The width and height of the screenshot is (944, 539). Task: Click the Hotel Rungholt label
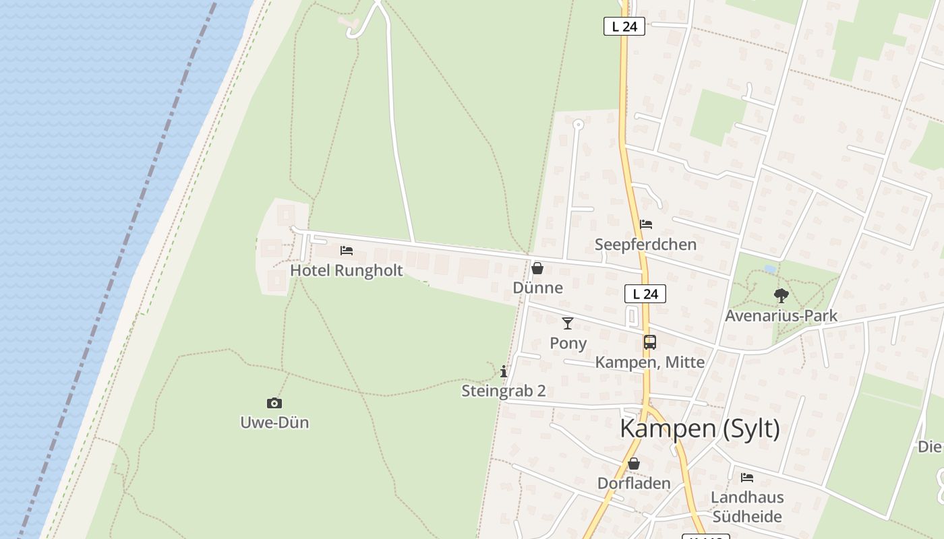pyautogui.click(x=346, y=270)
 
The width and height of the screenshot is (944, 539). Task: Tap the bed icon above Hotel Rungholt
pyautogui.click(x=347, y=251)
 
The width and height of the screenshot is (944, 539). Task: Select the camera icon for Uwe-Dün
pyautogui.click(x=274, y=403)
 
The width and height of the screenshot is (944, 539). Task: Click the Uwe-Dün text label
pyautogui.click(x=274, y=422)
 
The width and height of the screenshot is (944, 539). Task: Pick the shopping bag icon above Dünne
pyautogui.click(x=537, y=268)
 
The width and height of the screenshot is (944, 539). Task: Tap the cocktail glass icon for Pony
pyautogui.click(x=568, y=323)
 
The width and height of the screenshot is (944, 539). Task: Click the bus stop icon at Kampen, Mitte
pyautogui.click(x=649, y=342)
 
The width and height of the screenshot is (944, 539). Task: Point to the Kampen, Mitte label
pyautogui.click(x=649, y=362)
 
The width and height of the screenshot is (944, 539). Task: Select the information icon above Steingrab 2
pyautogui.click(x=504, y=371)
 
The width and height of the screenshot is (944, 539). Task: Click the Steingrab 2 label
pyautogui.click(x=504, y=391)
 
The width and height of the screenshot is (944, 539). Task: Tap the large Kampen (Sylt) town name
pyautogui.click(x=699, y=429)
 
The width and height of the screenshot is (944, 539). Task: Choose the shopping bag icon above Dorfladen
pyautogui.click(x=634, y=464)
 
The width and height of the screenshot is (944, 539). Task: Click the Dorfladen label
pyautogui.click(x=634, y=483)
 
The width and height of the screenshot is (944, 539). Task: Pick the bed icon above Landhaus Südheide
pyautogui.click(x=747, y=478)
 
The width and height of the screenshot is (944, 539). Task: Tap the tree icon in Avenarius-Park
pyautogui.click(x=781, y=295)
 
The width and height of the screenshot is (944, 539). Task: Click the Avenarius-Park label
pyautogui.click(x=781, y=315)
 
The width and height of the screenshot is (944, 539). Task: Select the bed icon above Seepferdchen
pyautogui.click(x=646, y=224)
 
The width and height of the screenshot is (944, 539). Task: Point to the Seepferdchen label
pyautogui.click(x=645, y=244)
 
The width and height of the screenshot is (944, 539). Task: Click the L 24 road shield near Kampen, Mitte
pyautogui.click(x=645, y=294)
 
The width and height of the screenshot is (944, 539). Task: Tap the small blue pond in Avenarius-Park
pyautogui.click(x=769, y=269)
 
